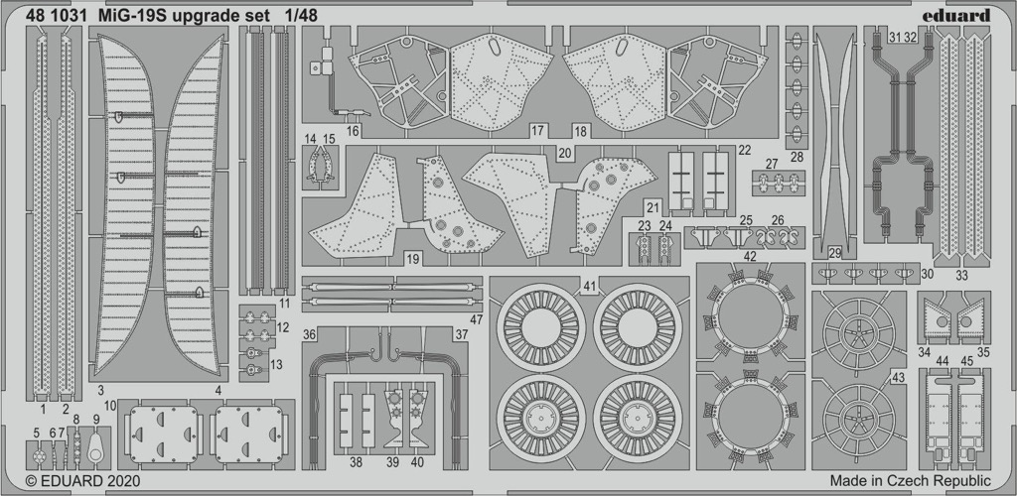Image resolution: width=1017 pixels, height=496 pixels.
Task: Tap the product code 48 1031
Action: (57, 16)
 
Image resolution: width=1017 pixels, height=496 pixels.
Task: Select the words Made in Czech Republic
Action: (910, 481)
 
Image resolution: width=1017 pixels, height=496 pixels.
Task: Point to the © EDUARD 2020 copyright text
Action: (82, 481)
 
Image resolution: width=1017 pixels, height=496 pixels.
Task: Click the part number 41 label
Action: (589, 285)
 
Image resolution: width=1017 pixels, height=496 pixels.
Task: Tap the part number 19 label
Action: (412, 259)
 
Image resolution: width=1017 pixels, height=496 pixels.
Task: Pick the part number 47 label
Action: (477, 319)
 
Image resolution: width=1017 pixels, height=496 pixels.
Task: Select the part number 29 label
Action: (834, 253)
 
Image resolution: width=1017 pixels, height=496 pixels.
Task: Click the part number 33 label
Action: (961, 275)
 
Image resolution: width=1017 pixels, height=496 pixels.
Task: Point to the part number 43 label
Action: (898, 378)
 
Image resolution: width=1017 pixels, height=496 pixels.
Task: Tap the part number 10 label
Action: (109, 406)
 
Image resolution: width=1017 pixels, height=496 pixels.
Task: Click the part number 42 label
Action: (750, 256)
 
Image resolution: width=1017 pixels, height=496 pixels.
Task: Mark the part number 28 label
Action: (798, 157)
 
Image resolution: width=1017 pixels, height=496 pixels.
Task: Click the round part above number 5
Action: (40, 456)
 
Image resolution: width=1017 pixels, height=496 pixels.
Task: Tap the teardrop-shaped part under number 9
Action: (96, 447)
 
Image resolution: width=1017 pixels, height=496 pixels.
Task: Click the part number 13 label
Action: (276, 364)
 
